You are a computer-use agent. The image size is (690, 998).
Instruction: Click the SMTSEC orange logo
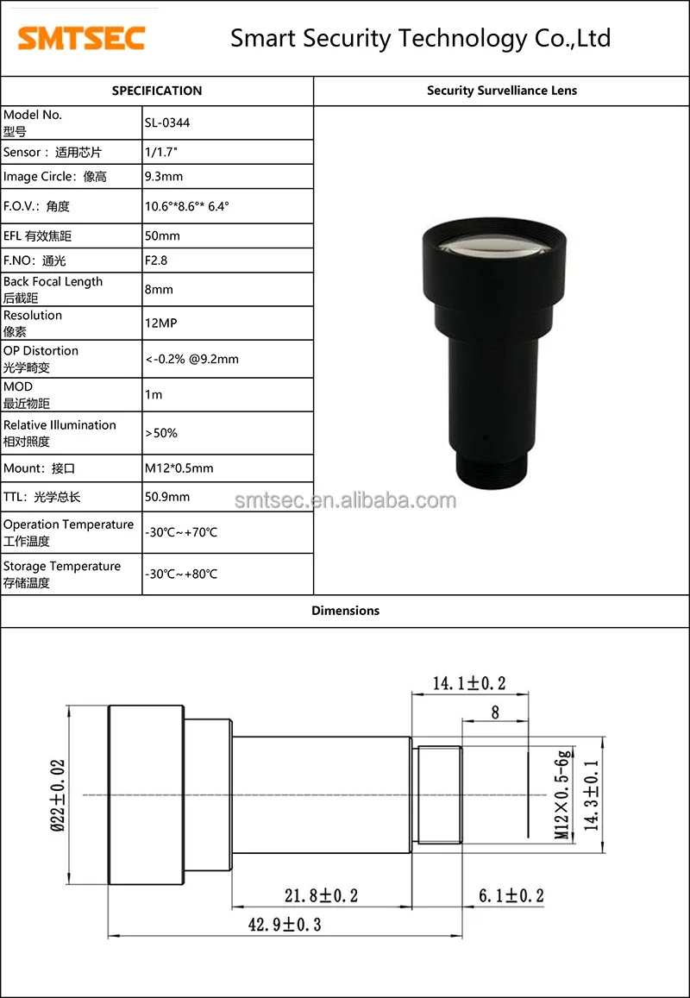[82, 38]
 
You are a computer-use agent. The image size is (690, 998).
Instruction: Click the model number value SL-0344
[167, 122]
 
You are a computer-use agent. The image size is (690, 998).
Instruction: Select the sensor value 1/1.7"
[162, 152]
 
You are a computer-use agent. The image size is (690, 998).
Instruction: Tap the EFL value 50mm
[162, 235]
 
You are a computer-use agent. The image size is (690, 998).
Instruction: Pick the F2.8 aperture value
[156, 260]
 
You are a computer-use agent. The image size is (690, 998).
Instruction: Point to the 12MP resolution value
[161, 323]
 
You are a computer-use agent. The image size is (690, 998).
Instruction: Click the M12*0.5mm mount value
[179, 468]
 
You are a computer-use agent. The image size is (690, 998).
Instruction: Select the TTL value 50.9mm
[167, 497]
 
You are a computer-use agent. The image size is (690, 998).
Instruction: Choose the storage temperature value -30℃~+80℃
[181, 574]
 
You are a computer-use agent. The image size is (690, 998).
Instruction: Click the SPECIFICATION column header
[157, 91]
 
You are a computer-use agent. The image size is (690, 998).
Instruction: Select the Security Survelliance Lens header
[502, 91]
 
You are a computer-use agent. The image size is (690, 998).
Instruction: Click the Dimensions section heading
[345, 611]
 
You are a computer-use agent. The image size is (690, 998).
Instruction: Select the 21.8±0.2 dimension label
[321, 895]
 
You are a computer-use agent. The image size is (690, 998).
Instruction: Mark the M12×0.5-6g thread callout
[561, 794]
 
